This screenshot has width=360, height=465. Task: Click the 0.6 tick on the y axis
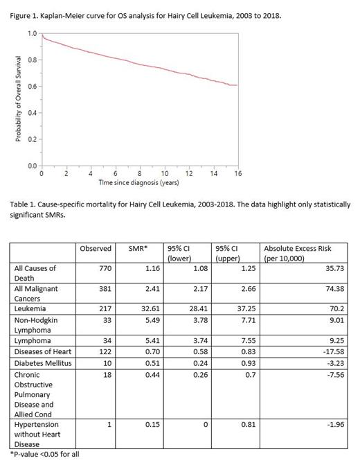[x=32, y=87]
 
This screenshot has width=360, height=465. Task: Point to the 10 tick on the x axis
[x=165, y=174]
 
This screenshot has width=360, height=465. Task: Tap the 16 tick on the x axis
[x=237, y=174]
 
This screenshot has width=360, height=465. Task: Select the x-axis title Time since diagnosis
[x=138, y=183]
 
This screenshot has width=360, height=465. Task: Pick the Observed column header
[x=95, y=248]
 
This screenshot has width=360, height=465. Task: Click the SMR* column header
[x=138, y=248]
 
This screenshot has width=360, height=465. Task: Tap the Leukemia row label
[x=31, y=308]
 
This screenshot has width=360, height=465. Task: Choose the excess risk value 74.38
[x=332, y=288]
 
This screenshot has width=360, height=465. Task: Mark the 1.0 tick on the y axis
[x=32, y=33]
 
